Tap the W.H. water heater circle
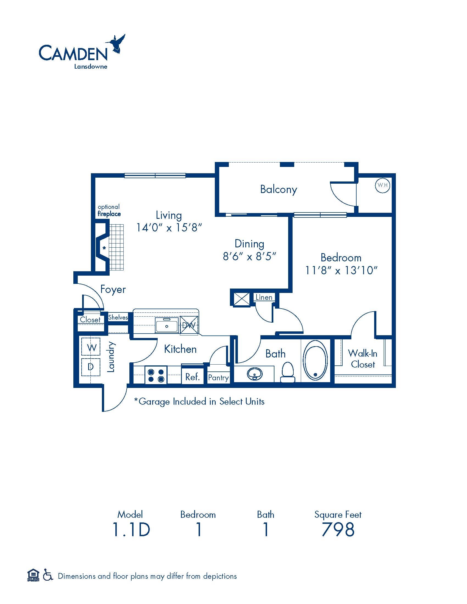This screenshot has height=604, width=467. pyautogui.click(x=382, y=185)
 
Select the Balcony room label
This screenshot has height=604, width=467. pyautogui.click(x=279, y=190)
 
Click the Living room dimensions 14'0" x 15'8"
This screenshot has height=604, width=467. pyautogui.click(x=169, y=228)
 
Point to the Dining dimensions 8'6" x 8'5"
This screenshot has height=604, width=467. pyautogui.click(x=249, y=256)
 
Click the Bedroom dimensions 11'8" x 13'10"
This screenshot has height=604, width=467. pyautogui.click(x=341, y=270)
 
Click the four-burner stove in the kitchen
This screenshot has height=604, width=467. pyautogui.click(x=156, y=375)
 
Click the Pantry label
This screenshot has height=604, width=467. pyautogui.click(x=218, y=378)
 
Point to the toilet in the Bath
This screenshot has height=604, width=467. pyautogui.click(x=288, y=372)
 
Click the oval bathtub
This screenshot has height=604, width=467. pyautogui.click(x=315, y=360)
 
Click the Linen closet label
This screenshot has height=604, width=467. pyautogui.click(x=264, y=297)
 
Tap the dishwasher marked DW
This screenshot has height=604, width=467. pyautogui.click(x=189, y=325)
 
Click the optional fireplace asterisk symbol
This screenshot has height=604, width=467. pyautogui.click(x=104, y=248)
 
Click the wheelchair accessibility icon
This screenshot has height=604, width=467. pyautogui.click(x=48, y=576)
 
